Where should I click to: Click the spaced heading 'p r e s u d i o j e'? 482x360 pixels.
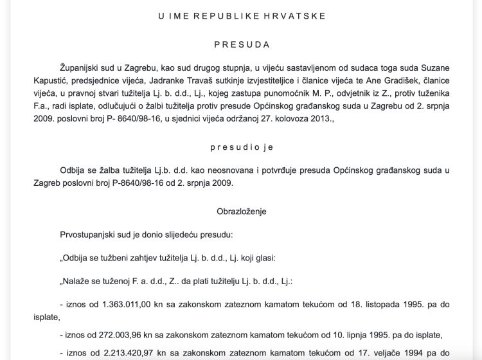(241, 147)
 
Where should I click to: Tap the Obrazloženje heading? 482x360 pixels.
(241, 210)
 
